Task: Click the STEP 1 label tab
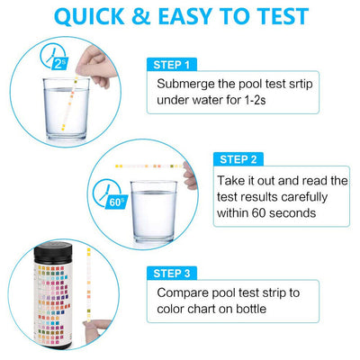pyautogui.click(x=172, y=65)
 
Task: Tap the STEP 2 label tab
pyautogui.click(x=238, y=159)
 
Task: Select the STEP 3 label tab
pyautogui.click(x=172, y=274)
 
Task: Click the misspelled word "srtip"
pyautogui.click(x=301, y=84)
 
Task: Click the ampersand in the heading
pyautogui.click(x=141, y=16)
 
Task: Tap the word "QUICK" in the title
pyautogui.click(x=89, y=17)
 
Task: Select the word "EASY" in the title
pyautogui.click(x=185, y=16)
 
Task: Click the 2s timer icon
pyautogui.click(x=55, y=58)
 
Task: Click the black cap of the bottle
pyautogui.click(x=53, y=252)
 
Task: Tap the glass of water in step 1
pyautogui.click(x=66, y=109)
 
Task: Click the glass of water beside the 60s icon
pyautogui.click(x=154, y=211)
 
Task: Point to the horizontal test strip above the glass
pyautogui.click(x=149, y=166)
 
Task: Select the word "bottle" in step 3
pyautogui.click(x=251, y=309)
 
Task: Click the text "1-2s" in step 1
pyautogui.click(x=255, y=100)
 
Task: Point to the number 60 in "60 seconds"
pyautogui.click(x=258, y=213)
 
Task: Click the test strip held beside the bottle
pyautogui.click(x=89, y=285)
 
